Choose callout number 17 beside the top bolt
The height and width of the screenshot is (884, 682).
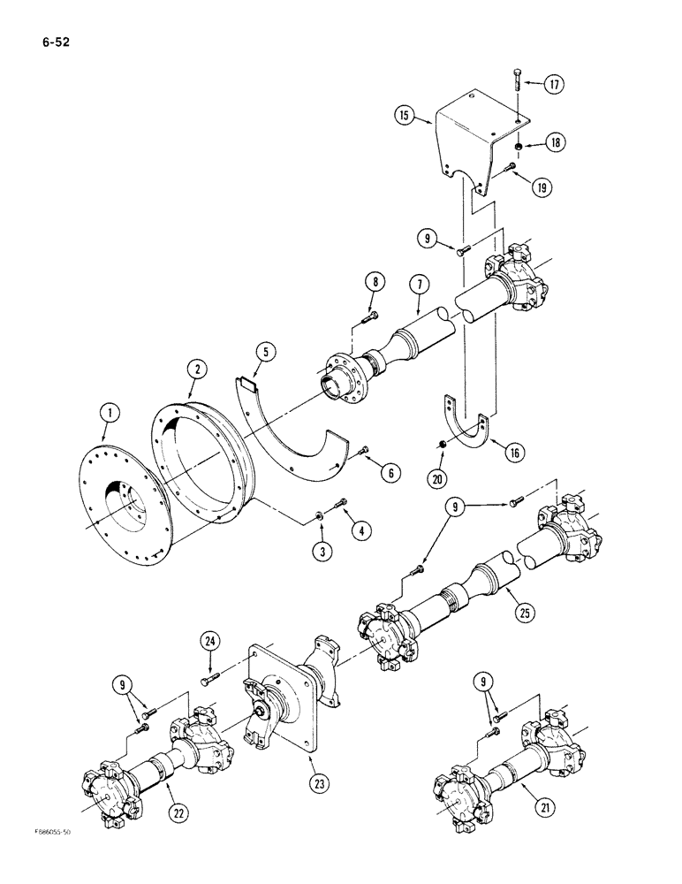coord(554,85)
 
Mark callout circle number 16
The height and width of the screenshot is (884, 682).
coord(511,453)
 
